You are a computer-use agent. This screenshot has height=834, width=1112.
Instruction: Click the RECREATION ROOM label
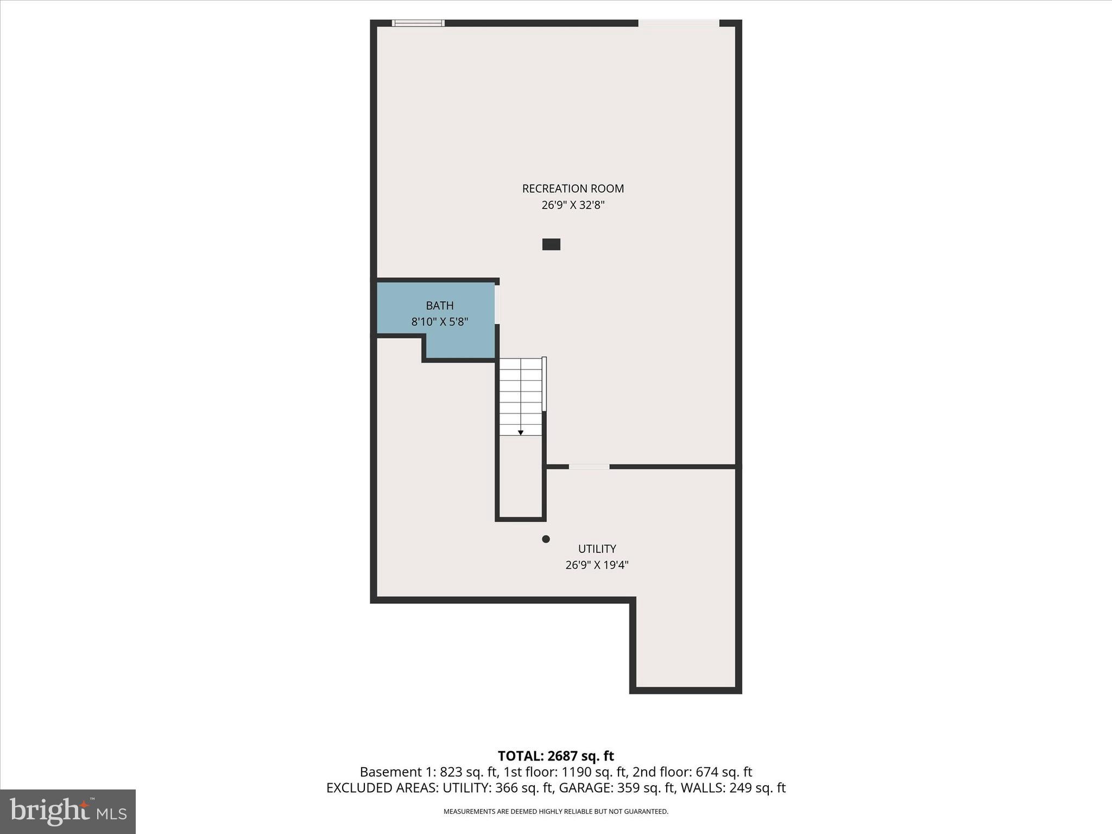[573, 188]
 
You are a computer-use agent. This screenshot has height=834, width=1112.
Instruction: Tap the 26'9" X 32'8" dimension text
[573, 205]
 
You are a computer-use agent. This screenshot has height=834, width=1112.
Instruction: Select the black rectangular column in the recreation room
[551, 244]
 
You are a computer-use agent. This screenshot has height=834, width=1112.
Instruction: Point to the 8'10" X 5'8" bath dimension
[439, 321]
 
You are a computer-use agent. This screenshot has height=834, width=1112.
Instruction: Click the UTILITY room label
[597, 548]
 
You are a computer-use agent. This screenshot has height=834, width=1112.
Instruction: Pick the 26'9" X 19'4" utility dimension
[597, 565]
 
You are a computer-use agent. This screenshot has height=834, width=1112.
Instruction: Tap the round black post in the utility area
[546, 539]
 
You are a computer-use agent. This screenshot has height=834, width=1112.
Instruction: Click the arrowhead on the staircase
[521, 433]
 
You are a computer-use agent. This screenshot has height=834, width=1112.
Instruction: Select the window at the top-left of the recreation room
[418, 23]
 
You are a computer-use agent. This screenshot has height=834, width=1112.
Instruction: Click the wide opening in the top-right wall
[678, 23]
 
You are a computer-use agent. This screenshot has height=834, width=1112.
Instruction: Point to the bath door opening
[497, 305]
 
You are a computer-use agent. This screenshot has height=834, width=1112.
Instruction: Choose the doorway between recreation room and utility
[589, 466]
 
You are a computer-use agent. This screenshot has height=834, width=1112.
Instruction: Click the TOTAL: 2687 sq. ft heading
[555, 756]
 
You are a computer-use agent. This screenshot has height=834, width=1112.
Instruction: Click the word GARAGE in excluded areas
[586, 788]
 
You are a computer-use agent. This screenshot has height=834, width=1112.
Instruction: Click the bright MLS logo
[68, 811]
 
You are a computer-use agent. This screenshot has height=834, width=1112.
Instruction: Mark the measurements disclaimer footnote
[555, 811]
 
